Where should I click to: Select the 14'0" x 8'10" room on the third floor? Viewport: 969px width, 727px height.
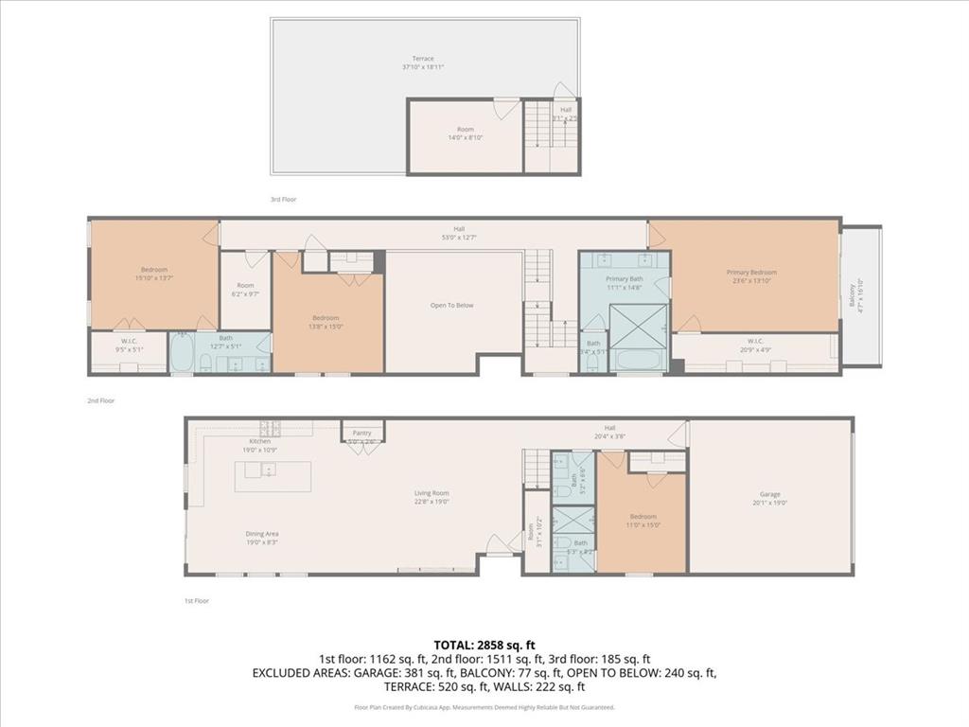(x=465, y=134)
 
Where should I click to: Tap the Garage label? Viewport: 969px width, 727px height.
(x=769, y=493)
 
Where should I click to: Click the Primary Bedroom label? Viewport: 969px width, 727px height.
(x=750, y=273)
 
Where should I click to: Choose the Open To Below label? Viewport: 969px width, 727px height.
(x=451, y=306)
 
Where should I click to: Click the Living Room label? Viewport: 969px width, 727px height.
(x=431, y=493)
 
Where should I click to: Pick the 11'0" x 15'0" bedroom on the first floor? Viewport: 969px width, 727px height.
(x=643, y=519)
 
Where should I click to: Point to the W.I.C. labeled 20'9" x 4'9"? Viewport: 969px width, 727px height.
(x=754, y=344)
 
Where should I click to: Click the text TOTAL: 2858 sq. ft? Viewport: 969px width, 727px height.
(x=484, y=645)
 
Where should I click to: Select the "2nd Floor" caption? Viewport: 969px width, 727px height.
(x=100, y=400)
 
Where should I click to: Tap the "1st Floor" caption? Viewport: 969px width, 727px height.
(x=197, y=600)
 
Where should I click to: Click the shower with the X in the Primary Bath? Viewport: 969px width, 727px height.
(x=634, y=325)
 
